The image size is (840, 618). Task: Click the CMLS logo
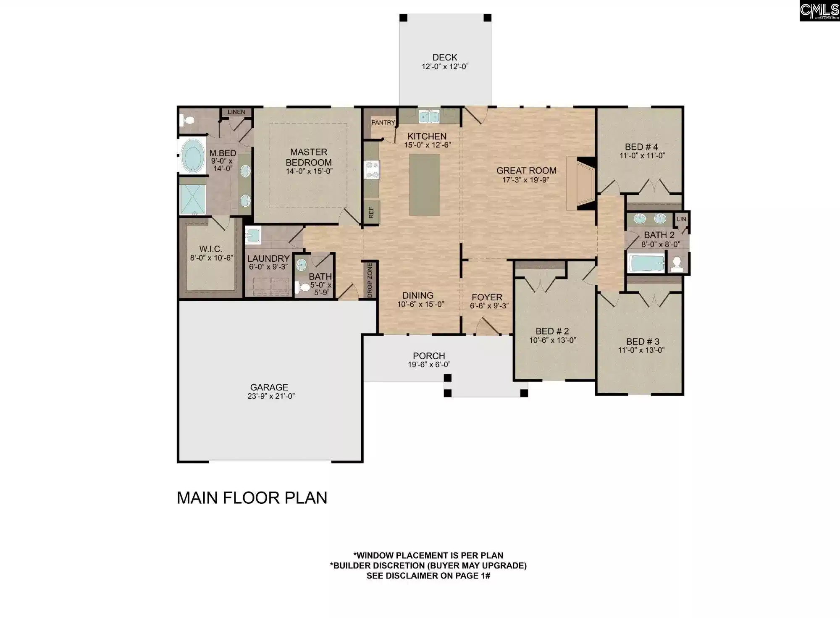(819, 11)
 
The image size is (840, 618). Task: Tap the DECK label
(445, 57)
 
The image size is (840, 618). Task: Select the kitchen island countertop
(425, 185)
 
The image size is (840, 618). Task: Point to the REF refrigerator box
(371, 212)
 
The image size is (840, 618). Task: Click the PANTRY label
(383, 123)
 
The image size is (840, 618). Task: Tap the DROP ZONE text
(370, 280)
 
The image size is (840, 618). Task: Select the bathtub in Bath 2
(646, 263)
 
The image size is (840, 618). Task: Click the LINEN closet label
(236, 112)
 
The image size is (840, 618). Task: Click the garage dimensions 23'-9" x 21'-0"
(271, 396)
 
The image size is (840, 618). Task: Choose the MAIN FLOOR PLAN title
(252, 498)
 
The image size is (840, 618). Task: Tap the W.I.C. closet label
(211, 249)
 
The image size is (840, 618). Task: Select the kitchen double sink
(429, 116)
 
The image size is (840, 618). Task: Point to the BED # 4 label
(641, 147)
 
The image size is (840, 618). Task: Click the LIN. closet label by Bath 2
(682, 219)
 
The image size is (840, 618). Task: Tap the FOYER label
(487, 297)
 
